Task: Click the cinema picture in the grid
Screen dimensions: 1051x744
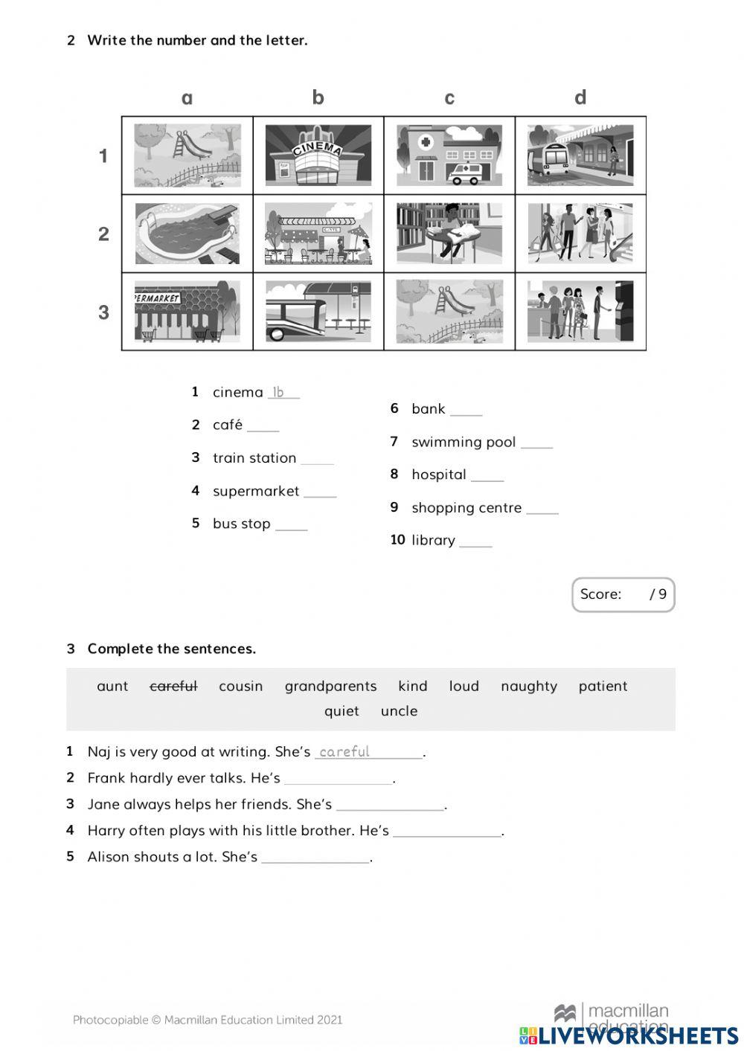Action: pyautogui.click(x=318, y=155)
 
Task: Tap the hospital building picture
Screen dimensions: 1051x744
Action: pyautogui.click(x=449, y=155)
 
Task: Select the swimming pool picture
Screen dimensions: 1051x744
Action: pyautogui.click(x=187, y=234)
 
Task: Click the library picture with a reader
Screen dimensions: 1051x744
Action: pyautogui.click(x=449, y=234)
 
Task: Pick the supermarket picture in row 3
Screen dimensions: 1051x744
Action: pyautogui.click(x=187, y=312)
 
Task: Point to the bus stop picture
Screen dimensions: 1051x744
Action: pyautogui.click(x=318, y=312)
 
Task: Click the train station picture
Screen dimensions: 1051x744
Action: pyautogui.click(x=580, y=155)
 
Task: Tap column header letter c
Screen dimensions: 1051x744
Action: pyautogui.click(x=449, y=98)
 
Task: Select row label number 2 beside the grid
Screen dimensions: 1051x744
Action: pyautogui.click(x=103, y=234)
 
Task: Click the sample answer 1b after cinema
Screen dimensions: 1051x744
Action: pyautogui.click(x=278, y=392)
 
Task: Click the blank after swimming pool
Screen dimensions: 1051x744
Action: pyautogui.click(x=536, y=443)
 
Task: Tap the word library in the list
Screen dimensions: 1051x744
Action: pyautogui.click(x=433, y=541)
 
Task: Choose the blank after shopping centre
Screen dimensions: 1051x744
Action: pyautogui.click(x=542, y=509)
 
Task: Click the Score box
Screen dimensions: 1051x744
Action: pyautogui.click(x=623, y=594)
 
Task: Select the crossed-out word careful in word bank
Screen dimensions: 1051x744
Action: pyautogui.click(x=173, y=687)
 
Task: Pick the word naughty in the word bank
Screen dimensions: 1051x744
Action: pyautogui.click(x=528, y=687)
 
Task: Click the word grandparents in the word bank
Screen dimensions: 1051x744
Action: pyautogui.click(x=330, y=687)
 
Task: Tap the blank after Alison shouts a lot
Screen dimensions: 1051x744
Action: pyautogui.click(x=315, y=858)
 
